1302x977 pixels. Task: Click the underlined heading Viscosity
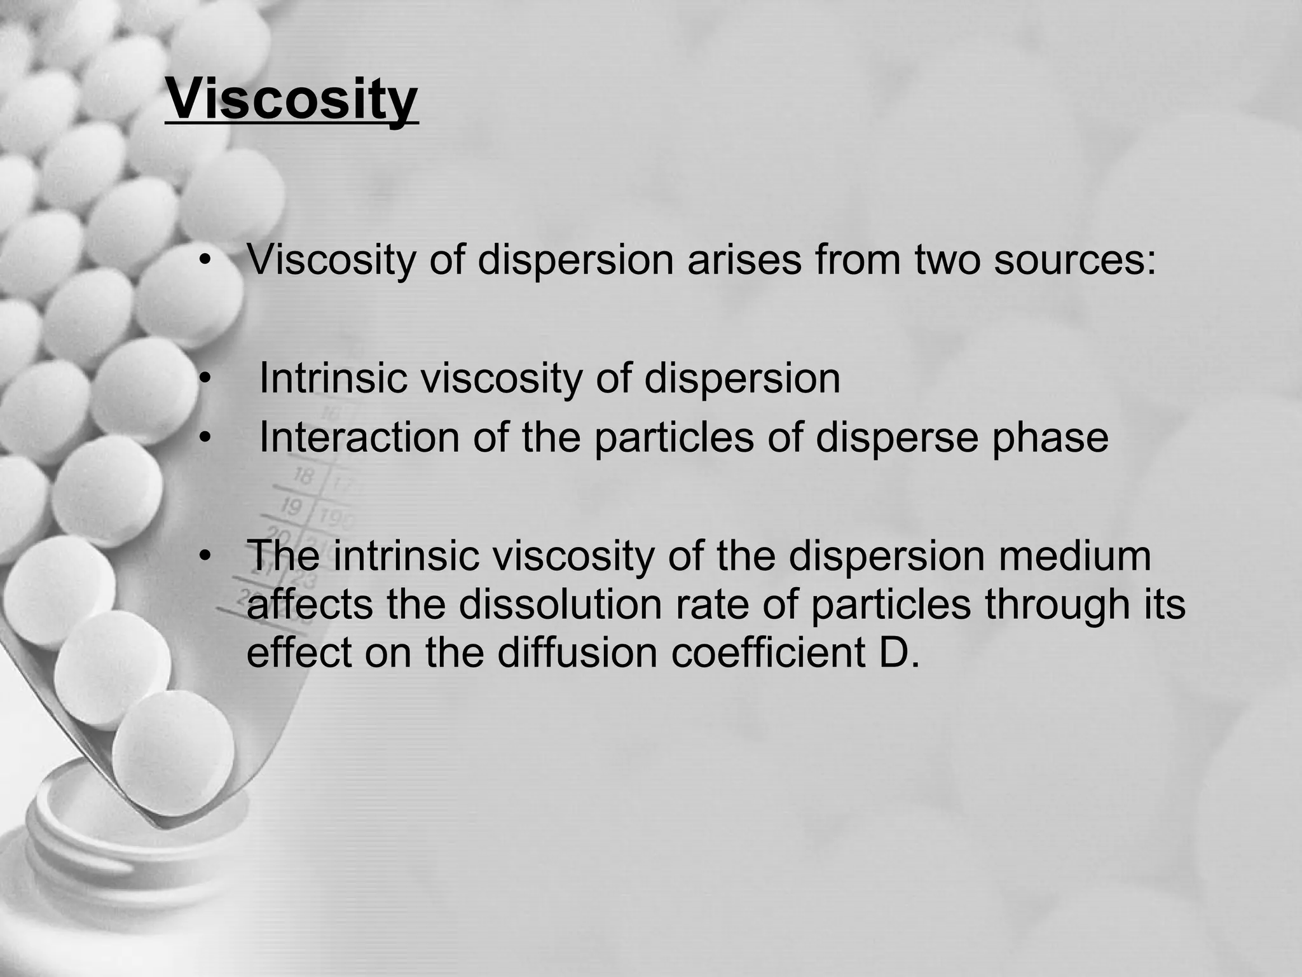(292, 100)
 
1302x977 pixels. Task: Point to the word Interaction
(359, 438)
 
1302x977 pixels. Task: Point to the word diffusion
(577, 653)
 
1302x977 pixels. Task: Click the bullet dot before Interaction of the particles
(204, 439)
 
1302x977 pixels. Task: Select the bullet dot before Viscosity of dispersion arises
(204, 261)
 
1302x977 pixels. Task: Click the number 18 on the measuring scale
(304, 475)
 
